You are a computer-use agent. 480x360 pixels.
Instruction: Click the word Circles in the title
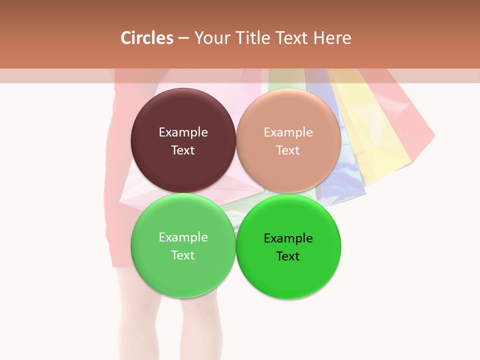click(147, 38)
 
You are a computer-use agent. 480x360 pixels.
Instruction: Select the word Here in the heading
click(332, 38)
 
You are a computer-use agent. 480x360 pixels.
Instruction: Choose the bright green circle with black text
click(288, 275)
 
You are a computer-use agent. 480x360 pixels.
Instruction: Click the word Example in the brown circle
click(183, 132)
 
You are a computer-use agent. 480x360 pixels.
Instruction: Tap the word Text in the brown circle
click(183, 150)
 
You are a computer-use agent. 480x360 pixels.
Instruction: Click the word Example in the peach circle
click(288, 132)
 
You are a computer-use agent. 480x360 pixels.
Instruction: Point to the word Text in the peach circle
click(288, 150)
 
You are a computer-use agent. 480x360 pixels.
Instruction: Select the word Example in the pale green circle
click(183, 237)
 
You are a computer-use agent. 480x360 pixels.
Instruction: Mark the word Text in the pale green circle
click(183, 255)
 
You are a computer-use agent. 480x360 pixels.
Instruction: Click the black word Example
click(288, 238)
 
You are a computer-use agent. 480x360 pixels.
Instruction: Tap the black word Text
click(288, 256)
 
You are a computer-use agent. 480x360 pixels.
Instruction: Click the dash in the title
click(183, 38)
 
